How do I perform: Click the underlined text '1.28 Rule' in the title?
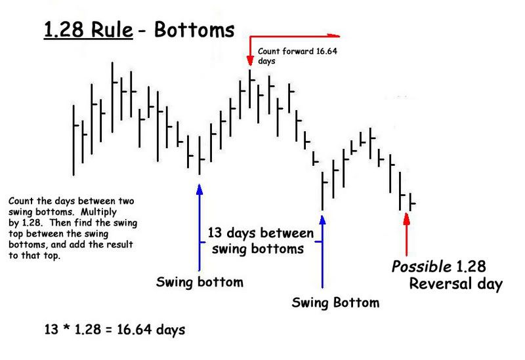tap(89, 30)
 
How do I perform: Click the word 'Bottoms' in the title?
tap(194, 30)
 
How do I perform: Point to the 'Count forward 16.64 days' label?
tap(297, 56)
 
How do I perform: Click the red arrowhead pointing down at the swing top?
tap(250, 61)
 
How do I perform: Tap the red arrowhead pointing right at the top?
tap(333, 35)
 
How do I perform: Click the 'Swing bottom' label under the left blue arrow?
tap(199, 282)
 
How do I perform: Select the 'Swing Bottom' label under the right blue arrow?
tap(335, 303)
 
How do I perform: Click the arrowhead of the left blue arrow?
tap(199, 190)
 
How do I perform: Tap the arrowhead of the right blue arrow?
tap(322, 220)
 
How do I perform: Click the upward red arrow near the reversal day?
tap(406, 234)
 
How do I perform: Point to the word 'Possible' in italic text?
tap(422, 267)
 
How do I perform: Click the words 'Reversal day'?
tap(455, 284)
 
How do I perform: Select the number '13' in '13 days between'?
tap(215, 233)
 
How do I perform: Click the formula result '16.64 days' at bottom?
tap(151, 330)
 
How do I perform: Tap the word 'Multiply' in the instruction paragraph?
tap(99, 212)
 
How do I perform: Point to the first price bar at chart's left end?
tap(74, 140)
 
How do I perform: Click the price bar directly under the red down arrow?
tap(250, 89)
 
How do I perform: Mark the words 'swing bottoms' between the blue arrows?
tap(258, 249)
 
